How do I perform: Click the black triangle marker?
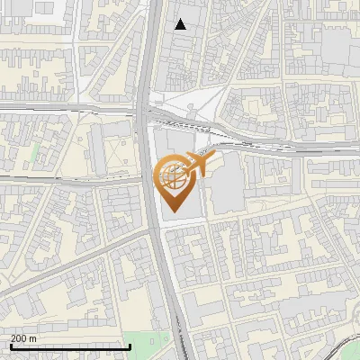(x=181, y=24)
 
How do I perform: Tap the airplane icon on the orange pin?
(x=197, y=166)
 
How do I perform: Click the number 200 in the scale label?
(x=19, y=338)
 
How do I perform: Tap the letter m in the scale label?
(x=33, y=338)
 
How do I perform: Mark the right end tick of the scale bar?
(x=130, y=346)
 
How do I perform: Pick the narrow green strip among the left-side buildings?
(x=35, y=153)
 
